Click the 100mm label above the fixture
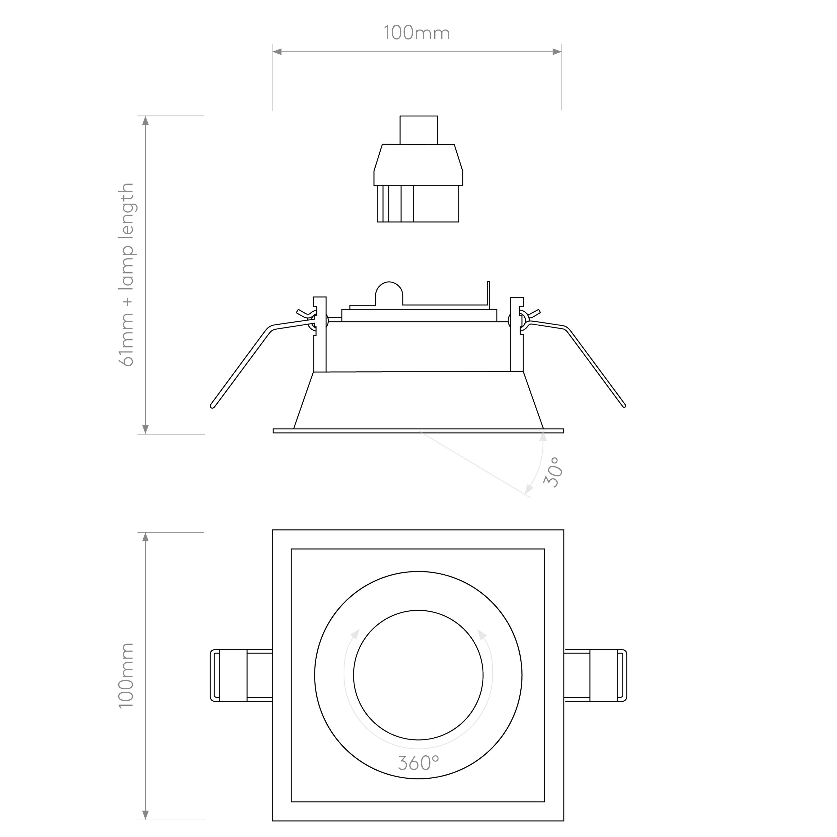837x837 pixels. pyautogui.click(x=417, y=33)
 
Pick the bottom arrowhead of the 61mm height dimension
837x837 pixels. pyautogui.click(x=146, y=429)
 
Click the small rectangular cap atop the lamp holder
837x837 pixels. pyautogui.click(x=418, y=130)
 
